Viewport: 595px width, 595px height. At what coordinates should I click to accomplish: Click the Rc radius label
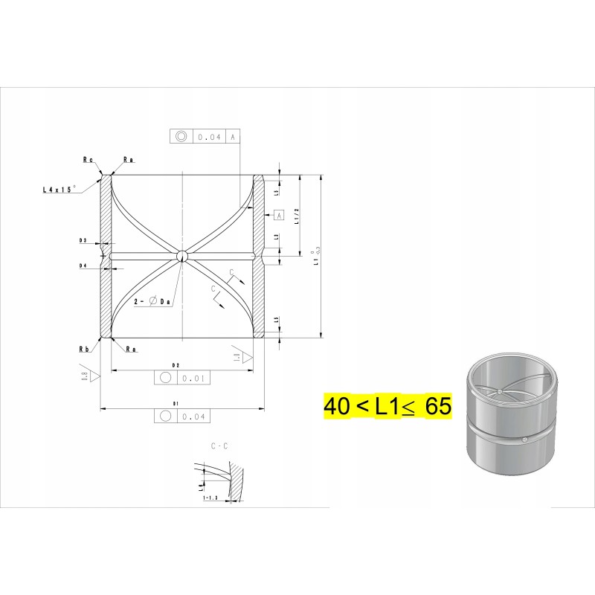point(88,159)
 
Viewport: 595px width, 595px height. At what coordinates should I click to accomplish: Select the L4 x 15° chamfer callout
point(59,190)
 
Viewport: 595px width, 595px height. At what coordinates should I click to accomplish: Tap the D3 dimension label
point(83,241)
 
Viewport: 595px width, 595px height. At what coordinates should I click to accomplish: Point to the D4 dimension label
point(83,265)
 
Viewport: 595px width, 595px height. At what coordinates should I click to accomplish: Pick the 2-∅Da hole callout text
point(153,301)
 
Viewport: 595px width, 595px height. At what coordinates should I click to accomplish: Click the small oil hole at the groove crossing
point(181,256)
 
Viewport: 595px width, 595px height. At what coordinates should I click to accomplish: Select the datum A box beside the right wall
point(279,215)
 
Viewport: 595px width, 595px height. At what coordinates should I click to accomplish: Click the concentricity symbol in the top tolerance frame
point(181,137)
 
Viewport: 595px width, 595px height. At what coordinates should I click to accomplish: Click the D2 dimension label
point(176,365)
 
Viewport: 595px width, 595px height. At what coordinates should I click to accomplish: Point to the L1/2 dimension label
point(296,216)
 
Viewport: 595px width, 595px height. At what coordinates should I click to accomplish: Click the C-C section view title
point(219,446)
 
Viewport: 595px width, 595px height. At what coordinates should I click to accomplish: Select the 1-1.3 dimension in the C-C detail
point(210,498)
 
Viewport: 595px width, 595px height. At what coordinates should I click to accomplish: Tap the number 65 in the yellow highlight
point(439,407)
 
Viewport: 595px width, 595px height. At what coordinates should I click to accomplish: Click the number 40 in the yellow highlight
point(336,407)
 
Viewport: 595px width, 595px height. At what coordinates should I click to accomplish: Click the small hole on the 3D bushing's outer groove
point(525,440)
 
